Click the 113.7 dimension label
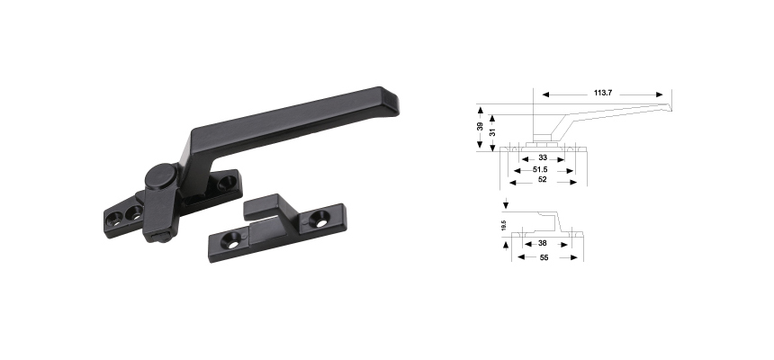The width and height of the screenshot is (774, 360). coord(603,93)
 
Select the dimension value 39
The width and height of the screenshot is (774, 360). coord(480,127)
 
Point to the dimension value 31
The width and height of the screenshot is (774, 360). coord(491,133)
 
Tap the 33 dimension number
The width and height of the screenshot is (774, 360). coord(543,157)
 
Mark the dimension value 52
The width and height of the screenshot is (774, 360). coord(543,179)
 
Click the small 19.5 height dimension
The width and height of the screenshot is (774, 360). coord(503,227)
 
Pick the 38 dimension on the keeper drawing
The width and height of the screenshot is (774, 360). coord(543,243)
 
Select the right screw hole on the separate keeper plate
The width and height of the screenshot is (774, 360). coord(319,219)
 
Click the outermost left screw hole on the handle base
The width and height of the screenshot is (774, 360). coord(112,216)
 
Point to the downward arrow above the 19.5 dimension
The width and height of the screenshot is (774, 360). coord(508,205)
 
